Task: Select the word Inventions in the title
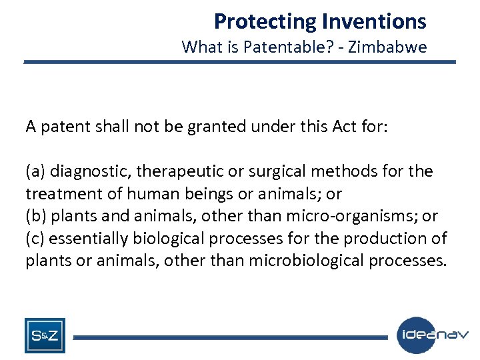coord(373,22)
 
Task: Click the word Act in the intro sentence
coord(343,127)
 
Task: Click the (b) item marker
coord(36,216)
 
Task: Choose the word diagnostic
coord(90,172)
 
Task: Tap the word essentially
coord(87,239)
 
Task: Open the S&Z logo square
coord(45,335)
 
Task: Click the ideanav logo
coord(433,335)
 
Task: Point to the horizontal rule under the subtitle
coord(240,62)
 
